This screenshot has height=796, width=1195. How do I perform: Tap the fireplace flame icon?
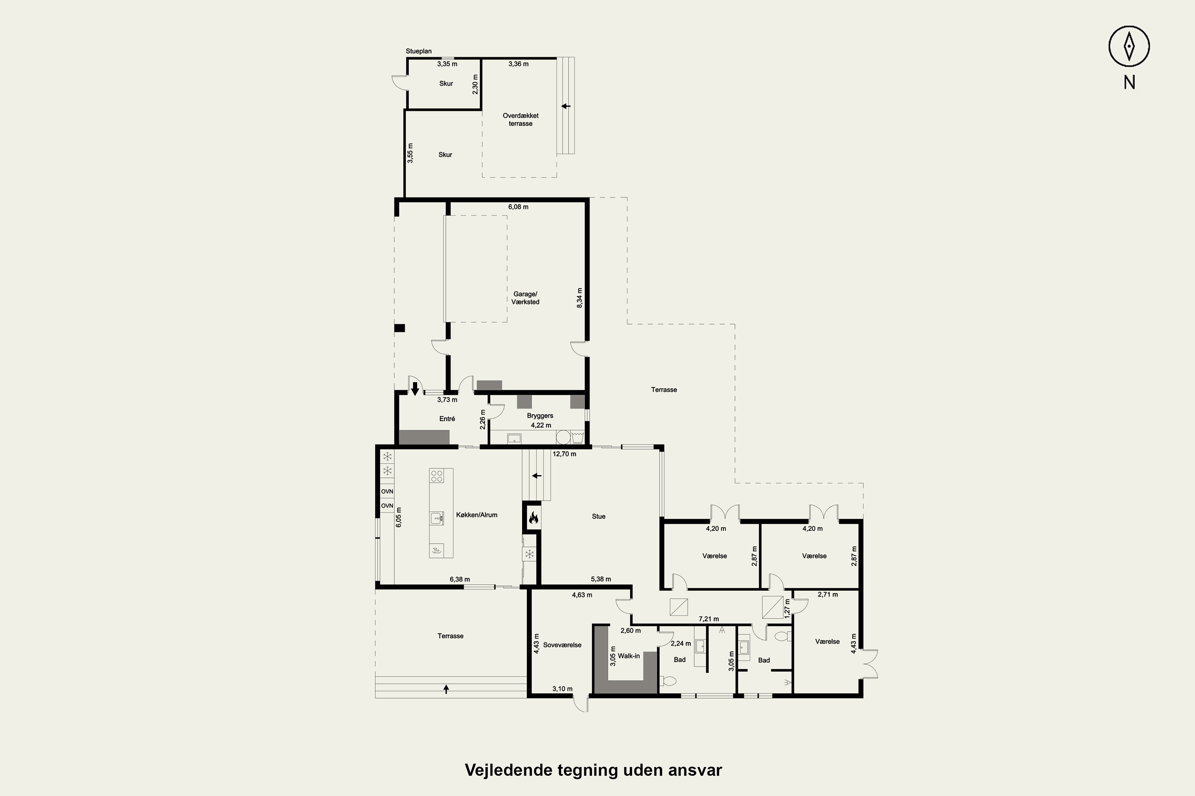pos(533,518)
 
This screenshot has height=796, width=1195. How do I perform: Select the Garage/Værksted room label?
pos(525,298)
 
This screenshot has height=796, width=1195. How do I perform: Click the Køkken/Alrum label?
pos(476,515)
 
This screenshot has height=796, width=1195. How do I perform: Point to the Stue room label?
pos(599,516)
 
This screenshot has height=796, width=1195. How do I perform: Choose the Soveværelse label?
pos(562,645)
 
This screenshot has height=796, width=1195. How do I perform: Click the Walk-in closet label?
pos(629,656)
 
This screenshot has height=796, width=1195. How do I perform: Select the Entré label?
pos(447,419)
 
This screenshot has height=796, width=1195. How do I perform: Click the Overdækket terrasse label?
pos(521,119)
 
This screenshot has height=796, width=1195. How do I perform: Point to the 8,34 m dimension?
pos(580,298)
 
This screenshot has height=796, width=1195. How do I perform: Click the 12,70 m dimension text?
pos(564,454)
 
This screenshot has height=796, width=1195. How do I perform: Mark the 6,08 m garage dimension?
pos(518,207)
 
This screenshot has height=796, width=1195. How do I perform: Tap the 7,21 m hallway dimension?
pos(709,619)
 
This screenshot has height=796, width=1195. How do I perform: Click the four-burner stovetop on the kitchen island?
pos(437,476)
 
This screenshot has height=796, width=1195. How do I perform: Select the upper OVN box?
pos(387,492)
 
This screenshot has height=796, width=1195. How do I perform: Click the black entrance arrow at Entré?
pos(415,389)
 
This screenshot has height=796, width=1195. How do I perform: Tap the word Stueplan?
pos(419,51)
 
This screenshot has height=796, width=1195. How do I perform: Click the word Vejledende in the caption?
pos(508,770)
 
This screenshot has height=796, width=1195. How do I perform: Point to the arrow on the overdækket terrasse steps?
pos(566,106)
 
